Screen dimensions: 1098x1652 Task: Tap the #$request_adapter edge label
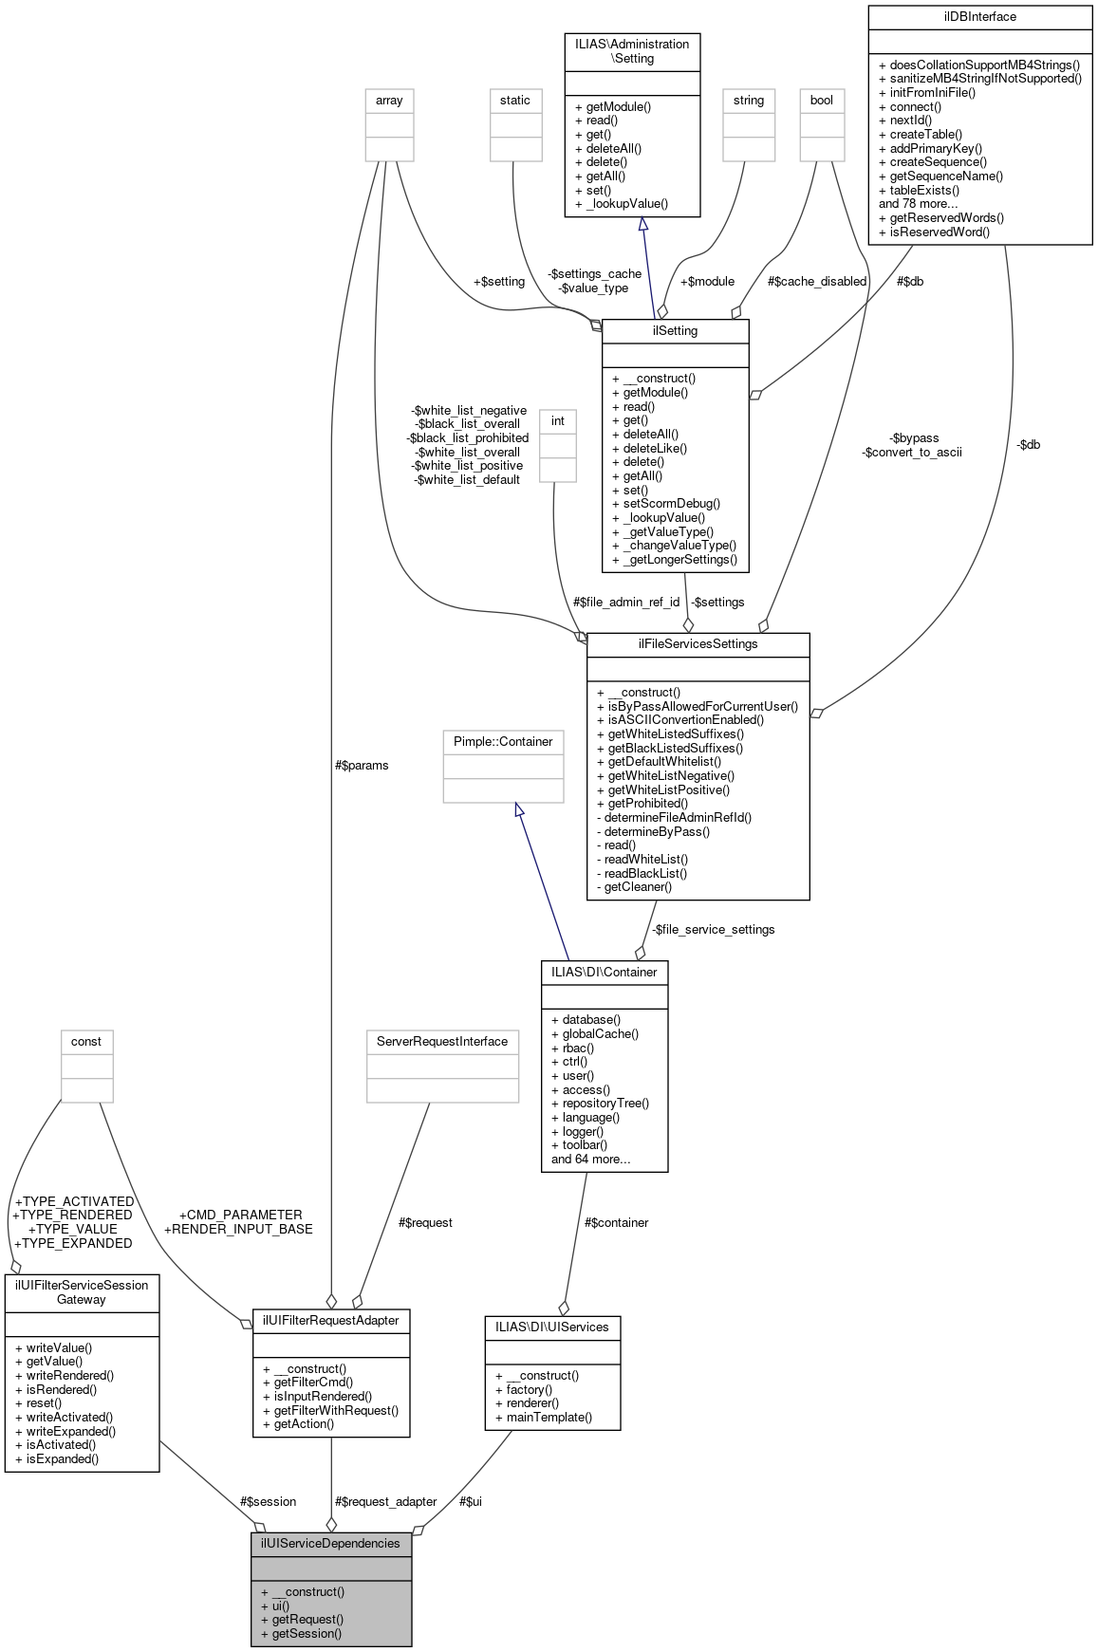pyautogui.click(x=385, y=1501)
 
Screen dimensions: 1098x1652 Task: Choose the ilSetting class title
pyautogui.click(x=675, y=331)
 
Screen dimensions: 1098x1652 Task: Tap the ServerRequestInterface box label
pyautogui.click(x=442, y=1041)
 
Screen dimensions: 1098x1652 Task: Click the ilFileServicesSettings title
pyautogui.click(x=698, y=643)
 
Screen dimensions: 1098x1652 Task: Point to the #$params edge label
pyautogui.click(x=362, y=765)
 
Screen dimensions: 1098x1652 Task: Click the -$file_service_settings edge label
pyautogui.click(x=713, y=929)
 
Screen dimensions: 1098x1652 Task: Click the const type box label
pyautogui.click(x=86, y=1041)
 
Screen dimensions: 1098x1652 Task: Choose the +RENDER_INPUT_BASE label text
pyautogui.click(x=238, y=1229)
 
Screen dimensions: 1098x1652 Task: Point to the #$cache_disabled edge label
pyautogui.click(x=816, y=281)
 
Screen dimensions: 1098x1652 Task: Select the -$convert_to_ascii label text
pyautogui.click(x=911, y=452)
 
